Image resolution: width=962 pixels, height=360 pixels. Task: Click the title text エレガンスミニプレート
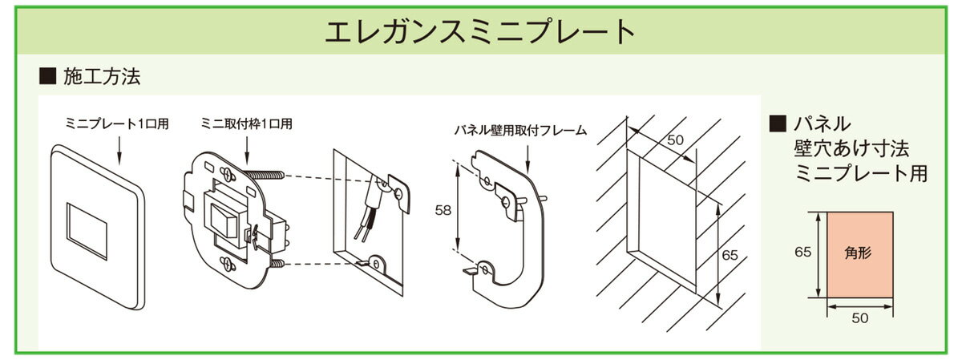point(480,33)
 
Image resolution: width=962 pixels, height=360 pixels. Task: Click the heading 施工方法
point(101,77)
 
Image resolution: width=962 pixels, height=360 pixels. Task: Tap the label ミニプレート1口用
point(117,124)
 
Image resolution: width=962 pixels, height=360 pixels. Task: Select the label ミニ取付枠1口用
point(247,124)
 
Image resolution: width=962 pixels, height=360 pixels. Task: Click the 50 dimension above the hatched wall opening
point(676,140)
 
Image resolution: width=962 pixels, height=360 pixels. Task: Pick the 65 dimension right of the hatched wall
point(730,256)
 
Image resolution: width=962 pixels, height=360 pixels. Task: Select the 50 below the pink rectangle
point(860,318)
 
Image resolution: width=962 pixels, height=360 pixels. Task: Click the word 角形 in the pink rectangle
point(859,252)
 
